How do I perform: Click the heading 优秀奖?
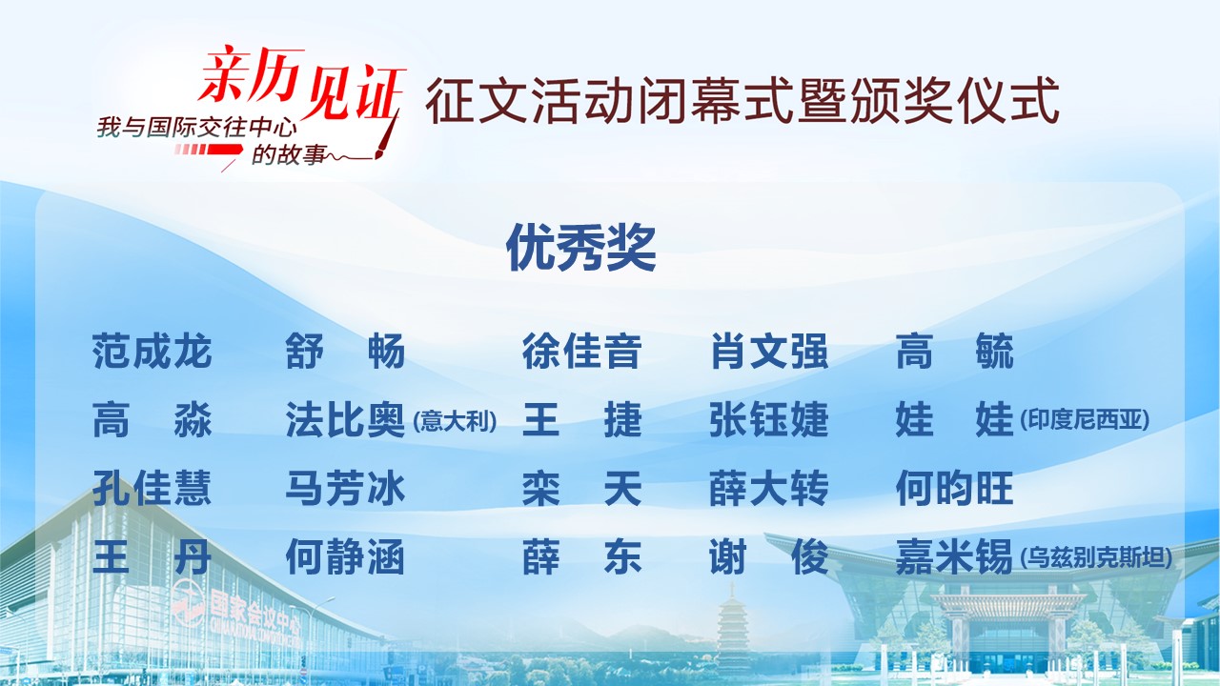(x=580, y=249)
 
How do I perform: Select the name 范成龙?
(x=152, y=352)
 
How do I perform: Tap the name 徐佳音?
(x=581, y=352)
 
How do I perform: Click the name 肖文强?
(x=769, y=352)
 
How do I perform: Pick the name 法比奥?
(x=345, y=420)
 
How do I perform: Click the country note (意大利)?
(x=455, y=421)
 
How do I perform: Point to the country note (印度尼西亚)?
(x=1085, y=419)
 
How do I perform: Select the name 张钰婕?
(x=769, y=420)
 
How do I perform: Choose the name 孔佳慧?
(x=152, y=489)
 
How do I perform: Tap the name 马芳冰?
(x=345, y=489)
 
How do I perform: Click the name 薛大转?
(x=769, y=489)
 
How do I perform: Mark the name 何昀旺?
(x=955, y=489)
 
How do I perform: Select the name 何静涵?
(x=345, y=557)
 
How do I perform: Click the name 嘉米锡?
(x=954, y=557)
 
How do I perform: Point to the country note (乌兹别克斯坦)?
(x=1096, y=557)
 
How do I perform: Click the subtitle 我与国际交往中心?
(x=197, y=129)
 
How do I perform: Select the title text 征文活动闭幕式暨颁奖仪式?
(x=742, y=101)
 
